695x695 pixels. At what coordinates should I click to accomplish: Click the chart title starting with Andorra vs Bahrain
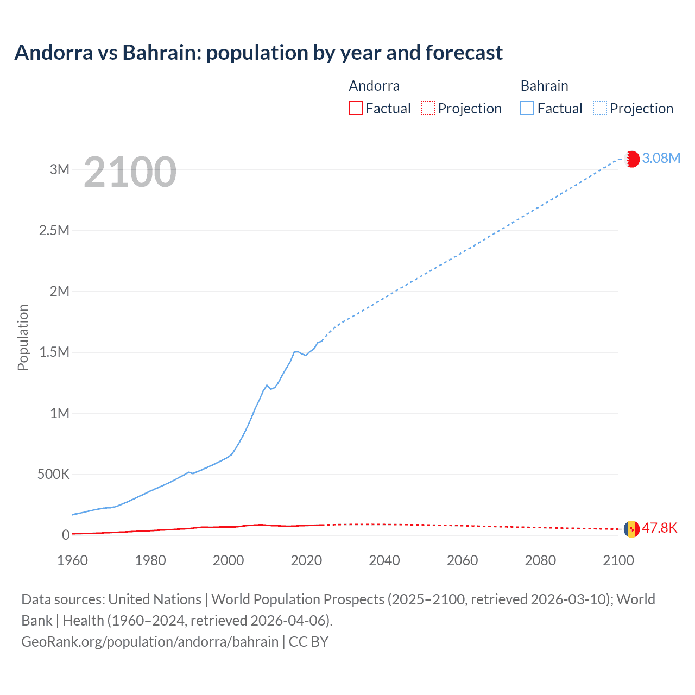[x=258, y=53]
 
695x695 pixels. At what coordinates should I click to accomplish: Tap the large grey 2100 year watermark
[x=130, y=172]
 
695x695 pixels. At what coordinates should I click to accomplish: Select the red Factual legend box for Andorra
[x=355, y=108]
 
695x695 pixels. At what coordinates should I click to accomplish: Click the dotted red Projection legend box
[x=428, y=108]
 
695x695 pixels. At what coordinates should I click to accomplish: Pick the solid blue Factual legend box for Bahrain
[x=527, y=108]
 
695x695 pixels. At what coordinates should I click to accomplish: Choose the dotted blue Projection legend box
[x=600, y=108]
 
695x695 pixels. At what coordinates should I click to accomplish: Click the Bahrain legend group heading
[x=544, y=86]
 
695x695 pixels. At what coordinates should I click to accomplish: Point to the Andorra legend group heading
[x=374, y=86]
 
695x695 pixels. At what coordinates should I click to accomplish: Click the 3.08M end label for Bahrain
[x=661, y=158]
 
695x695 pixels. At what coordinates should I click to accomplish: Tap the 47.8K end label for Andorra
[x=660, y=528]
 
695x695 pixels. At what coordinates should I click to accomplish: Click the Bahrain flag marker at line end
[x=631, y=159]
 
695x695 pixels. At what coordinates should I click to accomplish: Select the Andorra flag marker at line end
[x=631, y=528]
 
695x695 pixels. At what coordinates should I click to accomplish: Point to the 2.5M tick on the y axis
[x=54, y=230]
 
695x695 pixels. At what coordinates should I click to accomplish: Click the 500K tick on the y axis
[x=54, y=474]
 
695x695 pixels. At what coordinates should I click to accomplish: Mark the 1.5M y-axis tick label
[x=54, y=352]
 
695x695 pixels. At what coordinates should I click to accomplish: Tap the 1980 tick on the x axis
[x=150, y=560]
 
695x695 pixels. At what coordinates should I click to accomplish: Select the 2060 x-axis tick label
[x=462, y=560]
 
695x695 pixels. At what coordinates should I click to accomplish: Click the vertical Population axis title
[x=23, y=337]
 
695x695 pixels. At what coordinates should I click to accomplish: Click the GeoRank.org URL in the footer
[x=150, y=641]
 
